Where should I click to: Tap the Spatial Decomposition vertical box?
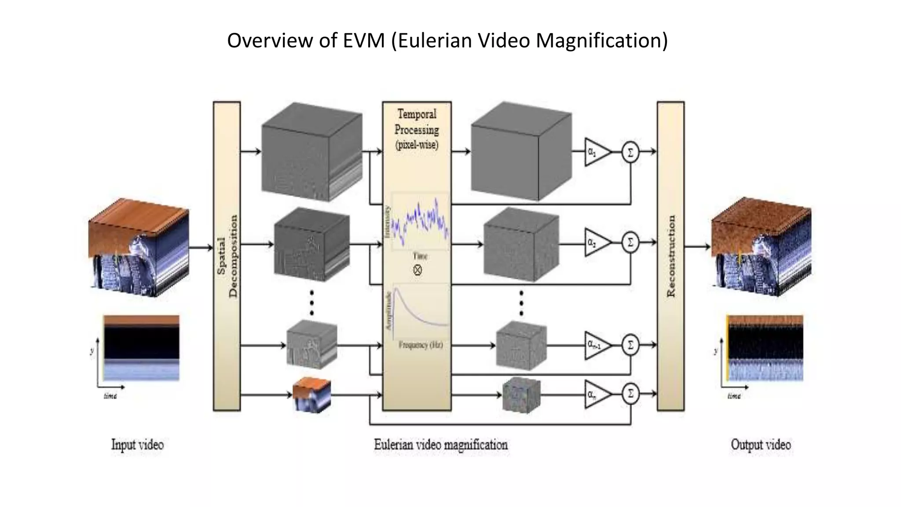pyautogui.click(x=227, y=256)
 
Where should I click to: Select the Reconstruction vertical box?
pyautogui.click(x=670, y=256)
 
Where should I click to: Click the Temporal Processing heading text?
pyautogui.click(x=417, y=122)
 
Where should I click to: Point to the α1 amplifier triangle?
pyautogui.click(x=597, y=152)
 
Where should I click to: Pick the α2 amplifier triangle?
pyautogui.click(x=597, y=242)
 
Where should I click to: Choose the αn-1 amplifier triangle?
pyautogui.click(x=597, y=345)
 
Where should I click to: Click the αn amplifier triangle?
pyautogui.click(x=597, y=394)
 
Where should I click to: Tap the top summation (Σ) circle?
pyautogui.click(x=630, y=152)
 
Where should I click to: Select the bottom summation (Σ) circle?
pyautogui.click(x=630, y=393)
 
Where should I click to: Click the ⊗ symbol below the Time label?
pyautogui.click(x=418, y=270)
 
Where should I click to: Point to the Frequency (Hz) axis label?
pyautogui.click(x=421, y=345)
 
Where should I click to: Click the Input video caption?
pyautogui.click(x=137, y=445)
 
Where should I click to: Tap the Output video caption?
pyautogui.click(x=761, y=445)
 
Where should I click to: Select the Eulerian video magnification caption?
pyautogui.click(x=441, y=445)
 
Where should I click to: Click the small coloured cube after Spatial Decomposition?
pyautogui.click(x=311, y=395)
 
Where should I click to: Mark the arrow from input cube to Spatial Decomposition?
pyautogui.click(x=201, y=248)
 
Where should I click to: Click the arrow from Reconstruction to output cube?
pyautogui.click(x=698, y=246)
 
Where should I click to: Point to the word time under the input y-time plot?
pyautogui.click(x=110, y=396)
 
